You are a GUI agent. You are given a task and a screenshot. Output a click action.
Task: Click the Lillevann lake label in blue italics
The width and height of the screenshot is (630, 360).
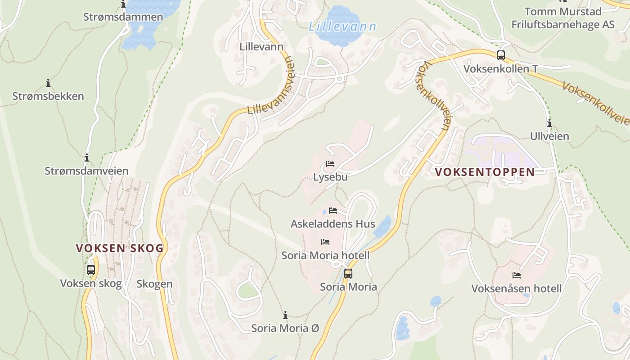point(342,27)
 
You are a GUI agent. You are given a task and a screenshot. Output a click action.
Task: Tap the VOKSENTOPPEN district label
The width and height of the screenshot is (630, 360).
point(485,172)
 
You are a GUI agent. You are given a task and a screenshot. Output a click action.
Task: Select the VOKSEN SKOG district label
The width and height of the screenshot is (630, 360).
point(119,248)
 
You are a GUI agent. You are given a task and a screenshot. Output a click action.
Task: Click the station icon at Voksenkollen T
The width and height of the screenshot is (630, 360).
point(500,55)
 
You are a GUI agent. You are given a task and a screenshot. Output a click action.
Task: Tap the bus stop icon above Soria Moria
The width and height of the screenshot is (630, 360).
point(348,273)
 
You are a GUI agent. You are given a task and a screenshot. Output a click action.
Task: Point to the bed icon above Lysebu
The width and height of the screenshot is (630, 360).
point(330,164)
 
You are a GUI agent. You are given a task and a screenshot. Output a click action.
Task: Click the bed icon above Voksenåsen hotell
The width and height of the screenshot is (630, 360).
point(516,275)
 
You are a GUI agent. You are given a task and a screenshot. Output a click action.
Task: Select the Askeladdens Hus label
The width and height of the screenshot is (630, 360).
point(333,224)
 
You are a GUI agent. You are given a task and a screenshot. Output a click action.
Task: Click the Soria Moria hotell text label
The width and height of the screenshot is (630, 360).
point(325,255)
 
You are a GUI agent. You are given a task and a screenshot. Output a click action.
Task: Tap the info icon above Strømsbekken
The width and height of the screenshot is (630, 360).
point(48,83)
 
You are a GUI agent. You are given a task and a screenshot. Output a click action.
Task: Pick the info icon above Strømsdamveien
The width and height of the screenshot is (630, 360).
point(86,158)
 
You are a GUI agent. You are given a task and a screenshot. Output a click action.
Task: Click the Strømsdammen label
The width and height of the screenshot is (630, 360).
point(123,17)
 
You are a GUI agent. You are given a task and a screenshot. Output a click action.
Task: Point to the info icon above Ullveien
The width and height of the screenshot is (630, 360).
point(549,123)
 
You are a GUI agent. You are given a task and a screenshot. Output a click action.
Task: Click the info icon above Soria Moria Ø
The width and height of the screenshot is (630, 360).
point(285,315)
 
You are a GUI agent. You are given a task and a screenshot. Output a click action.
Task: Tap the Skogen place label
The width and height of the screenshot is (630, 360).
point(154,283)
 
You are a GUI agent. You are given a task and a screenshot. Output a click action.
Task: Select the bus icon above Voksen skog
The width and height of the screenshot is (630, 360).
point(91,270)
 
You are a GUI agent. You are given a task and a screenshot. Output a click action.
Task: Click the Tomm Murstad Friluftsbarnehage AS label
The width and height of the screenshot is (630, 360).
point(562,18)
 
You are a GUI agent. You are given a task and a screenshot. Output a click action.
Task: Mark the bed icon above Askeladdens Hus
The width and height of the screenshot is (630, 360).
point(333,210)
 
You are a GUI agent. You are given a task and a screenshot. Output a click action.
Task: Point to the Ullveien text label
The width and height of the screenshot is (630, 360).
point(549,136)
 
